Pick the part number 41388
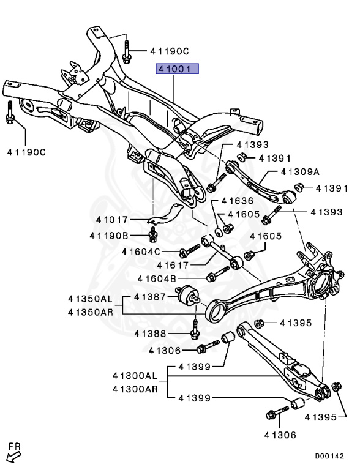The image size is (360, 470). click(x=151, y=334)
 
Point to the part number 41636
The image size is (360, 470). click(x=237, y=200)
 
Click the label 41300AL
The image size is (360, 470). click(x=135, y=375)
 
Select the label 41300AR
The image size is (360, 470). click(x=135, y=388)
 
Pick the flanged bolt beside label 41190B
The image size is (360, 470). click(x=154, y=234)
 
